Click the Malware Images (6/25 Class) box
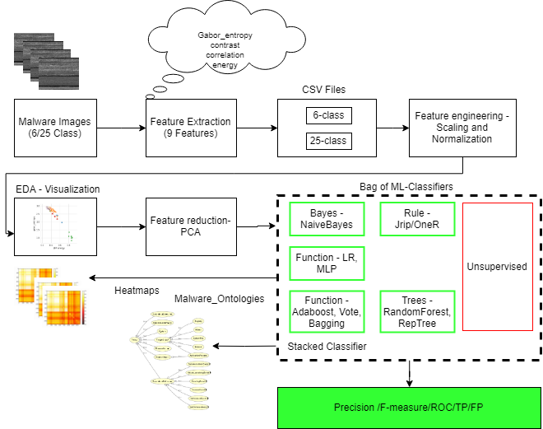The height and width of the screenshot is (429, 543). click(x=55, y=128)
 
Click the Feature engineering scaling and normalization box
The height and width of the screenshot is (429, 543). click(x=462, y=128)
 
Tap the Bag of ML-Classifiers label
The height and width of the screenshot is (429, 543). click(x=406, y=187)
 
